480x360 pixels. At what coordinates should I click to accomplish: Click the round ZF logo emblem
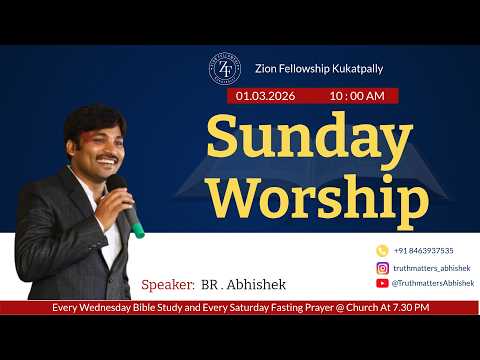[x=224, y=68]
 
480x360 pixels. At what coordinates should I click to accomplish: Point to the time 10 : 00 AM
[x=356, y=96]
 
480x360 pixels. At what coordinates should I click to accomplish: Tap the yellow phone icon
[x=382, y=250]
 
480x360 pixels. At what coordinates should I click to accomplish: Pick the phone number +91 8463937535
[x=423, y=251]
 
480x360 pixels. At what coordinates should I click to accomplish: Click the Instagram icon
[x=382, y=268]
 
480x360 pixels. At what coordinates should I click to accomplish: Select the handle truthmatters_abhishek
[x=430, y=268]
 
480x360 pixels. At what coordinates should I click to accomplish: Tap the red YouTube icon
[x=382, y=284]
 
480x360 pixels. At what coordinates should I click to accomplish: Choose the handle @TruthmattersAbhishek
[x=432, y=284]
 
